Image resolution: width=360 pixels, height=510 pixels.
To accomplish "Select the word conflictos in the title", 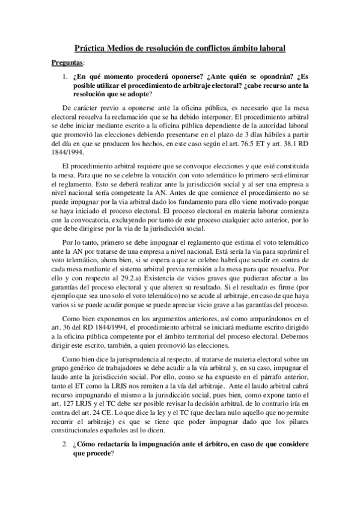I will pyautogui.click(x=206, y=46).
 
